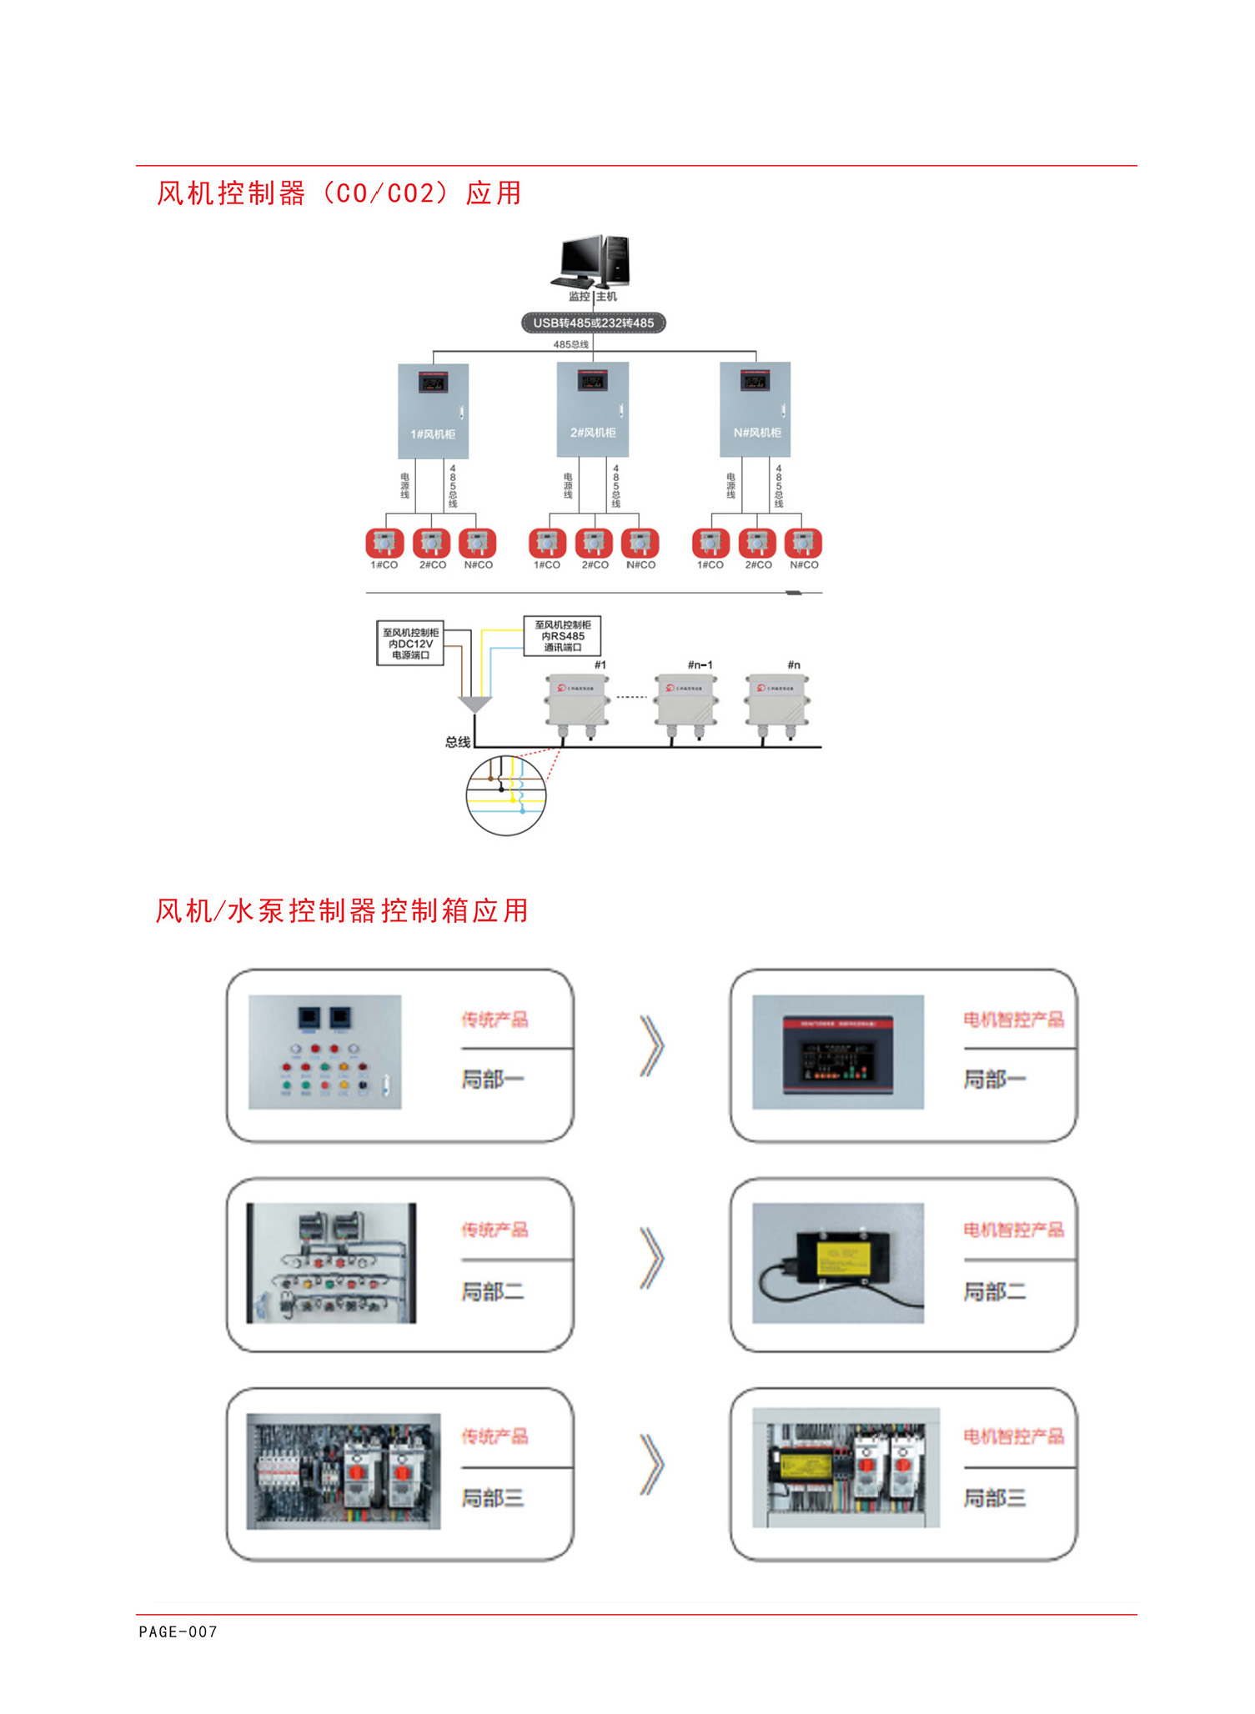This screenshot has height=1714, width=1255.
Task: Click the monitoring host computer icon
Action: (591, 261)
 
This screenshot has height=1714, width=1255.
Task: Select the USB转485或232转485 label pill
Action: (593, 323)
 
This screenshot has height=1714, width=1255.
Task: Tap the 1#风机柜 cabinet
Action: (433, 411)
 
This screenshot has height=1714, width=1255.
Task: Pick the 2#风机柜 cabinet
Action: (592, 409)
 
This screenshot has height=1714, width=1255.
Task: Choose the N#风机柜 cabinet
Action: (755, 409)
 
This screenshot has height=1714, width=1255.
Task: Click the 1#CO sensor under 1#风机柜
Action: (384, 544)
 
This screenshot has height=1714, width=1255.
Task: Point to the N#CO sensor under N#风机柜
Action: (803, 544)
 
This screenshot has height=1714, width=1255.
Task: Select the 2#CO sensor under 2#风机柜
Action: (594, 544)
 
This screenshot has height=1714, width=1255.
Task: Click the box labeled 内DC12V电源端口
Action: (410, 644)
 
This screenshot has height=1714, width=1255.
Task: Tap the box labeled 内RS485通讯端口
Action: (562, 636)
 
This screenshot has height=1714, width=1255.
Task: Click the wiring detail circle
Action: (505, 795)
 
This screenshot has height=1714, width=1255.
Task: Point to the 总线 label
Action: (457, 742)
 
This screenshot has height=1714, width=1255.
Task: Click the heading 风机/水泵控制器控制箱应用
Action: (342, 910)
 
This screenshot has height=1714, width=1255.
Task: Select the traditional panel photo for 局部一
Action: (325, 1052)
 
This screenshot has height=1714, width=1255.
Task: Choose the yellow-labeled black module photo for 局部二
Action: (837, 1263)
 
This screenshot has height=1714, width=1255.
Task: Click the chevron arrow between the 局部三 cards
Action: (651, 1465)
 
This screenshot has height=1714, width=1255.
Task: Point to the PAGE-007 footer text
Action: (178, 1631)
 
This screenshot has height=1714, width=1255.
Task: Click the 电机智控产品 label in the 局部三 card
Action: (1013, 1436)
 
